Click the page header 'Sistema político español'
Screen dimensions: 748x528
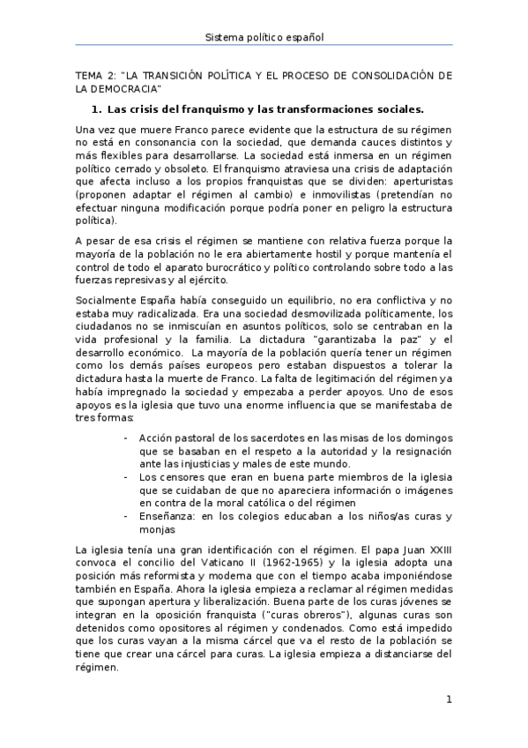(x=264, y=37)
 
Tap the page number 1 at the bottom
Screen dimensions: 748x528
(x=449, y=700)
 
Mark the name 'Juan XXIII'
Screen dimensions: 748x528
(x=425, y=549)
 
